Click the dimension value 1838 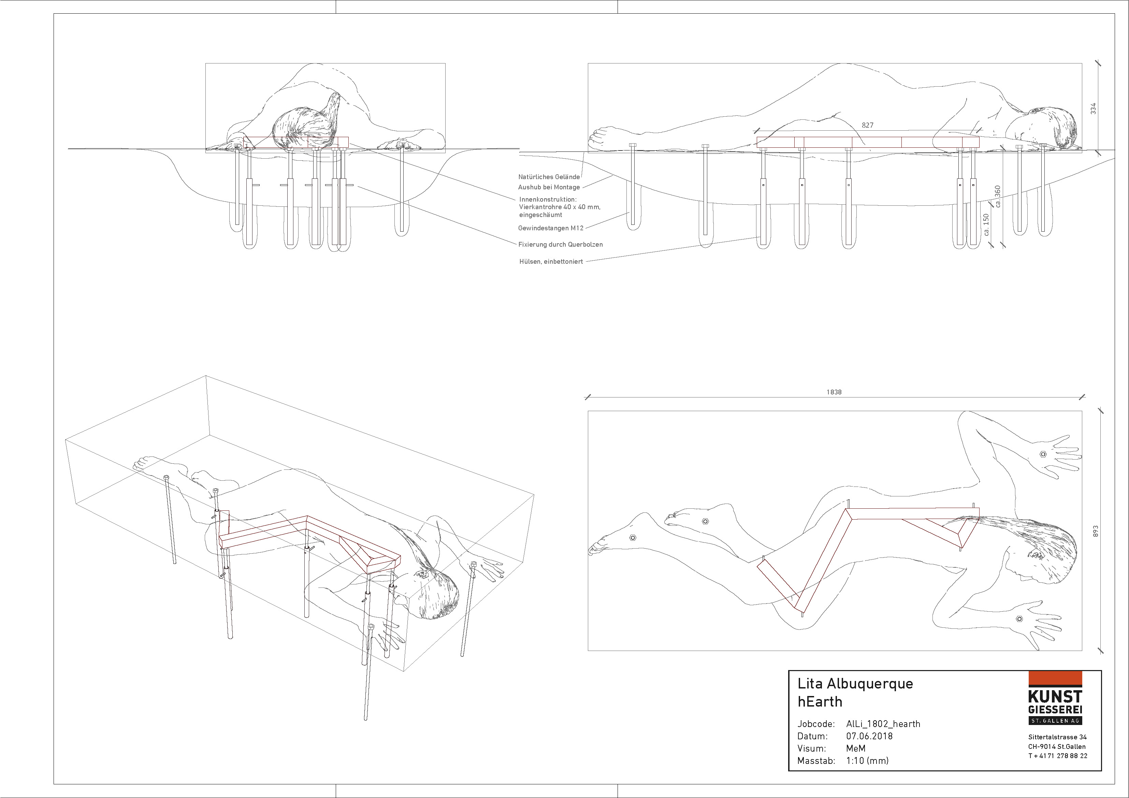tap(834, 392)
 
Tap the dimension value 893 tap(1095, 531)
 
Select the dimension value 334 tap(1093, 108)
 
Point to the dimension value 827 tap(867, 125)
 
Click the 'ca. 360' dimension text tap(998, 196)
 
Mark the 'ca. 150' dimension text tap(986, 225)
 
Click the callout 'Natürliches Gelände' tap(549, 176)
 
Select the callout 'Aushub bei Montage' tap(549, 187)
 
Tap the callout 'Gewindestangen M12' tap(550, 228)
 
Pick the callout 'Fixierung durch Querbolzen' tap(560, 244)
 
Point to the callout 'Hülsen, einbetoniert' tap(551, 262)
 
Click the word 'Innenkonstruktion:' tap(547, 199)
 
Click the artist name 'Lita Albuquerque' tap(855, 683)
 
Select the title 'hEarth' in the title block tap(820, 702)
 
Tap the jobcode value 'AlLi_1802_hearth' tap(883, 724)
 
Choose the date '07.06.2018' tap(869, 736)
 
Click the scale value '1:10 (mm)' tap(867, 760)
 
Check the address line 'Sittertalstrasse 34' tap(1057, 737)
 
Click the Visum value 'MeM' tap(856, 748)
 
